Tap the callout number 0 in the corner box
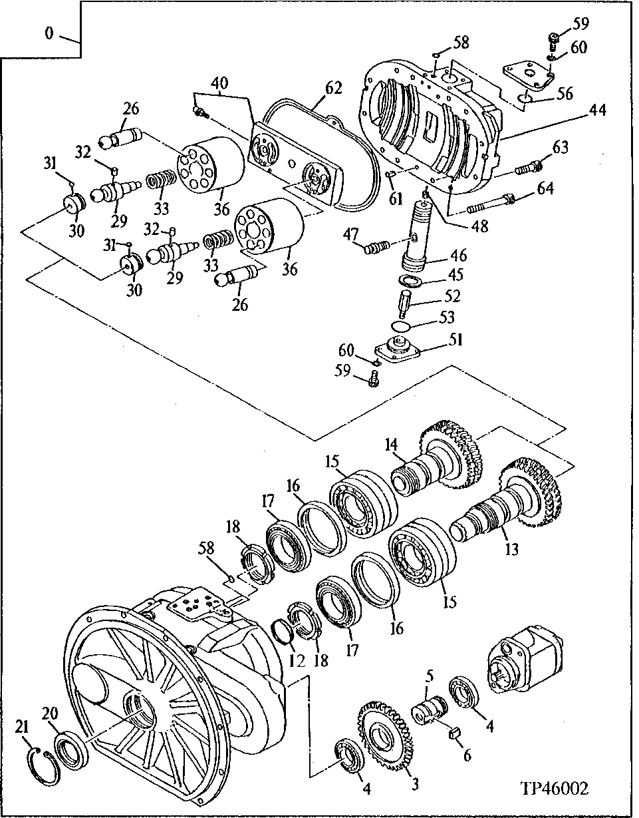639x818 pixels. pyautogui.click(x=50, y=33)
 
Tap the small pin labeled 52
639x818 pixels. pyautogui.click(x=404, y=304)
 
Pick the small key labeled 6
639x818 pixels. pyautogui.click(x=457, y=734)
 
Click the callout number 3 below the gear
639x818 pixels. pyautogui.click(x=414, y=785)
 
